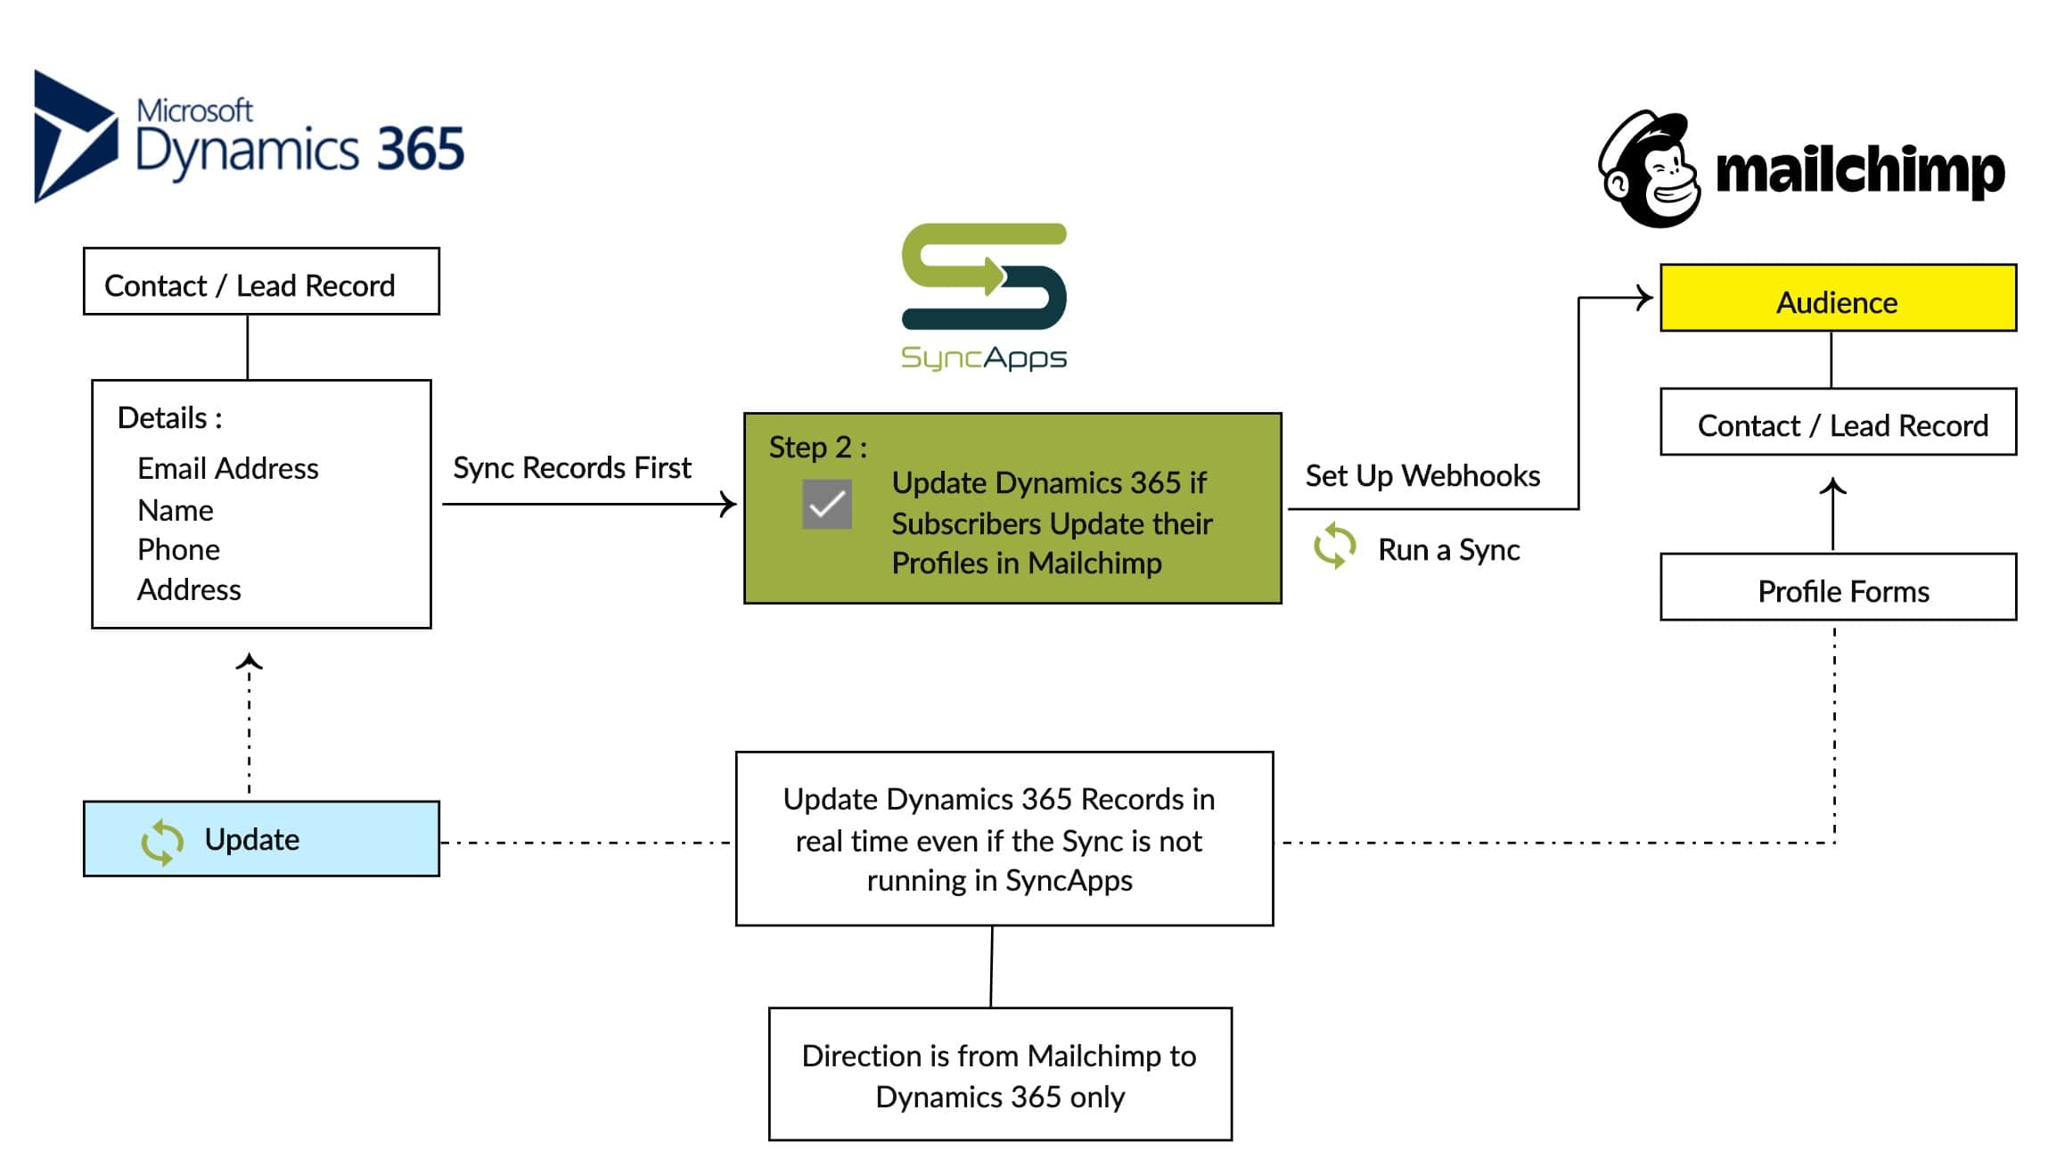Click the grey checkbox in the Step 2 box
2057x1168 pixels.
(826, 505)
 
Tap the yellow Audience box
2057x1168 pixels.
(1837, 299)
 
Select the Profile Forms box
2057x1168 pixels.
(1837, 588)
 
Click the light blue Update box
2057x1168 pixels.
(261, 839)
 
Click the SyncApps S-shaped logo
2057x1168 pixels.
(984, 276)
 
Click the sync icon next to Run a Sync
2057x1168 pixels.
(1334, 546)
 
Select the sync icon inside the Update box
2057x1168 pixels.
(162, 842)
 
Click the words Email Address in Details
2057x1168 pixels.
(227, 469)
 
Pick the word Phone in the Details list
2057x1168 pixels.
(178, 550)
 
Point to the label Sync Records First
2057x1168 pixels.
(571, 468)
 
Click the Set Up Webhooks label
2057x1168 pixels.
(1422, 476)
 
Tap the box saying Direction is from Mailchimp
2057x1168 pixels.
(999, 1074)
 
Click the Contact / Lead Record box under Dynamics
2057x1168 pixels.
(261, 283)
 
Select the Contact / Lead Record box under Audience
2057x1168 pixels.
(1837, 423)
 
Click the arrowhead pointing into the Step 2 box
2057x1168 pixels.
(729, 505)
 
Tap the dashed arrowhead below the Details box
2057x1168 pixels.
(249, 662)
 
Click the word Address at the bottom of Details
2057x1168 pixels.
(189, 590)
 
